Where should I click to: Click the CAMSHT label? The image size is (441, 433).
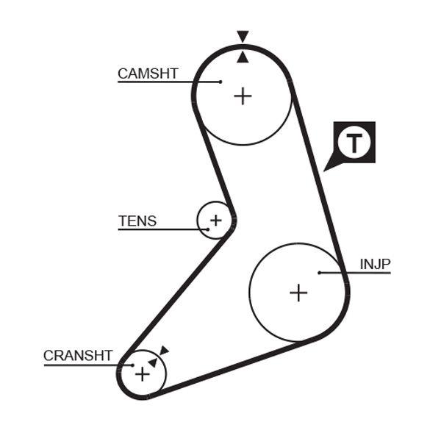[x=148, y=74]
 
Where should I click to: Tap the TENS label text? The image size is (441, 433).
[x=137, y=221]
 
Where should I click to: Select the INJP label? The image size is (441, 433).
[x=375, y=264]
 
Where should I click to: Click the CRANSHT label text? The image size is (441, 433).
[x=78, y=356]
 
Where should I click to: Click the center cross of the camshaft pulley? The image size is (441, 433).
[x=243, y=96]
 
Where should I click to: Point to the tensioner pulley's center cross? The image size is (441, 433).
[x=215, y=220]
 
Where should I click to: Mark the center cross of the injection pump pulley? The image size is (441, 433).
[x=298, y=293]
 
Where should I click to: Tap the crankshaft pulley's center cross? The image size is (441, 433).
[x=142, y=374]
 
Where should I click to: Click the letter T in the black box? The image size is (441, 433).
[x=355, y=142]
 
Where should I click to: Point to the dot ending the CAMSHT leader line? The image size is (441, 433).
[x=220, y=82]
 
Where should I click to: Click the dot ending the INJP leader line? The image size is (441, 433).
[x=320, y=273]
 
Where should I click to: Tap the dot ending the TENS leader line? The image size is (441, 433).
[x=208, y=229]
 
